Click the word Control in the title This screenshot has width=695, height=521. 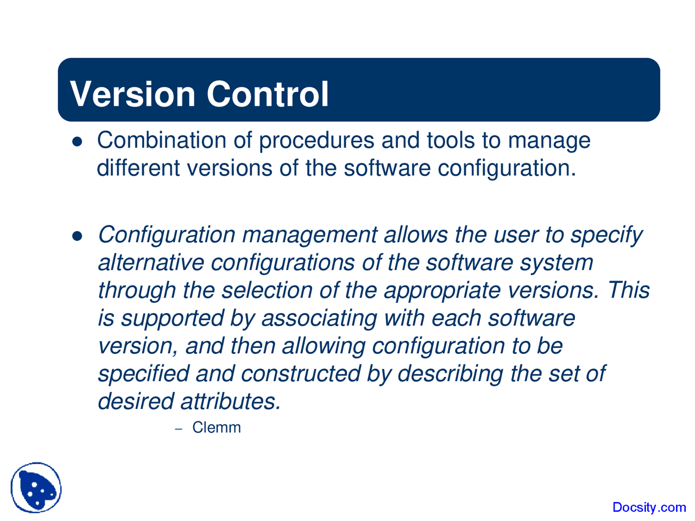[x=267, y=94]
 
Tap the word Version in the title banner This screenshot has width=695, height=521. [x=132, y=94]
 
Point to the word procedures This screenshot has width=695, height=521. [x=316, y=141]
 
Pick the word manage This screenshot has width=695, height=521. [x=549, y=141]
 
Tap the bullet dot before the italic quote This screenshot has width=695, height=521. [x=77, y=236]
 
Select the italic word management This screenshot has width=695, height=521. [x=309, y=236]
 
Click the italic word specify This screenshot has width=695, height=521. [x=606, y=236]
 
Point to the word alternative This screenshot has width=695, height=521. [x=151, y=263]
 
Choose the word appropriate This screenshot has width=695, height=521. [x=442, y=291]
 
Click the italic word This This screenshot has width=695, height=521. [x=628, y=290]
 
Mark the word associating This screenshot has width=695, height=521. [x=319, y=319]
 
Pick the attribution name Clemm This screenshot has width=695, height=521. [x=217, y=428]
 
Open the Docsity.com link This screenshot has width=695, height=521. [x=649, y=507]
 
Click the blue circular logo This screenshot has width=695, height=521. [x=36, y=487]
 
